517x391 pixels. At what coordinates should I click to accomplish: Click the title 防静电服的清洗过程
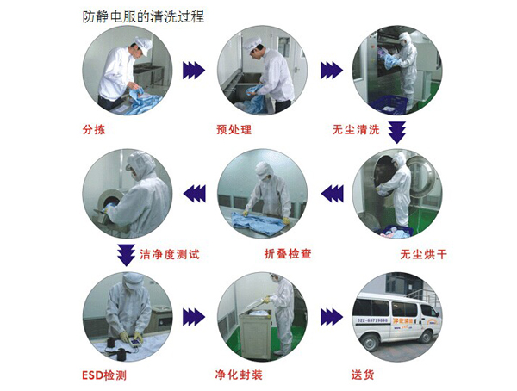coord(143,16)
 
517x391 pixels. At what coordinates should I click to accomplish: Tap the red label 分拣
coord(94,129)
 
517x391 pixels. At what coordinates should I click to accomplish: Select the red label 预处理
coord(234,129)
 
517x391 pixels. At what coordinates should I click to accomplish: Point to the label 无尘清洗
coord(356,129)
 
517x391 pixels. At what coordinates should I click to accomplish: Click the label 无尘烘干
coord(424,254)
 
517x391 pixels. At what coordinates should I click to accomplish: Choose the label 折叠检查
coord(288,253)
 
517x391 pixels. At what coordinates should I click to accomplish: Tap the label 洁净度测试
coord(170,254)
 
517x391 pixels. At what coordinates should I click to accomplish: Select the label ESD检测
coord(104,375)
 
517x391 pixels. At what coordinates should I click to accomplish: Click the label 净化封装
coord(239,375)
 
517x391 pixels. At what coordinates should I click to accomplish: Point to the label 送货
coord(363,375)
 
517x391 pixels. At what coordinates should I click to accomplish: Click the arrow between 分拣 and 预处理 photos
coord(194,71)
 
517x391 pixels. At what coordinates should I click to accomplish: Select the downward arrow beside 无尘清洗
coord(396,133)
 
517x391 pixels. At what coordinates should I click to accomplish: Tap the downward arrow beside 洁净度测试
coord(126,255)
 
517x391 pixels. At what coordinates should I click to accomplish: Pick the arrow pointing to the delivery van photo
coord(332,317)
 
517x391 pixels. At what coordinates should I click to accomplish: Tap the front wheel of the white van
coord(370,343)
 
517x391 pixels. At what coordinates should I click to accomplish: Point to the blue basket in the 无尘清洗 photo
coord(389,105)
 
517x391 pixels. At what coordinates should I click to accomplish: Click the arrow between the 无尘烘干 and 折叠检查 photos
coord(333,194)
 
